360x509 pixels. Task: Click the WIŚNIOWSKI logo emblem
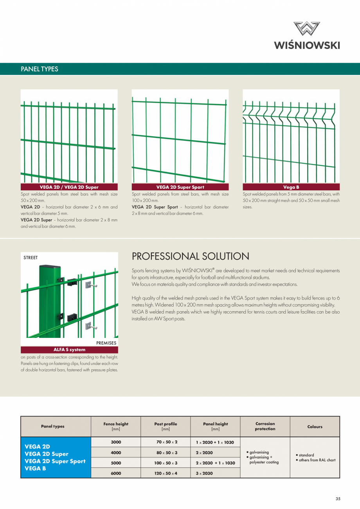[x=307, y=29]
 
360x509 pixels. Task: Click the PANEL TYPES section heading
[x=39, y=69]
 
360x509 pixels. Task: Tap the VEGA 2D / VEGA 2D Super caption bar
[x=69, y=187]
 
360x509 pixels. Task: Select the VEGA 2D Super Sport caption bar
[x=180, y=187]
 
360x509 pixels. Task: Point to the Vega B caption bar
[x=291, y=187]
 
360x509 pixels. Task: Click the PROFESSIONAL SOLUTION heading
[x=191, y=256]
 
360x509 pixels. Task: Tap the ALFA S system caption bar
[x=69, y=350]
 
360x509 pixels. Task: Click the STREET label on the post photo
[x=31, y=258]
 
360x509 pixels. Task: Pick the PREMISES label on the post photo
[x=106, y=343]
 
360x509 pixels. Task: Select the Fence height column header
[x=116, y=426]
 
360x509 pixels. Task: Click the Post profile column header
[x=166, y=426]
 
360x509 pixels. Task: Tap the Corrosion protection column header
[x=265, y=426]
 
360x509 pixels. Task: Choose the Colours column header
[x=315, y=427]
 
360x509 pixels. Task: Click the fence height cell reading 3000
[x=116, y=442]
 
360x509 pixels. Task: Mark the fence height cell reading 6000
[x=116, y=473]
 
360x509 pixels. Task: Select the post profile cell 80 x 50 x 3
[x=166, y=453]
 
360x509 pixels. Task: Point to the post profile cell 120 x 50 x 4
[x=166, y=473]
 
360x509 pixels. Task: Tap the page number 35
[x=338, y=499]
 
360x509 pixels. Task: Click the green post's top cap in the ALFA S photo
[x=49, y=267]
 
